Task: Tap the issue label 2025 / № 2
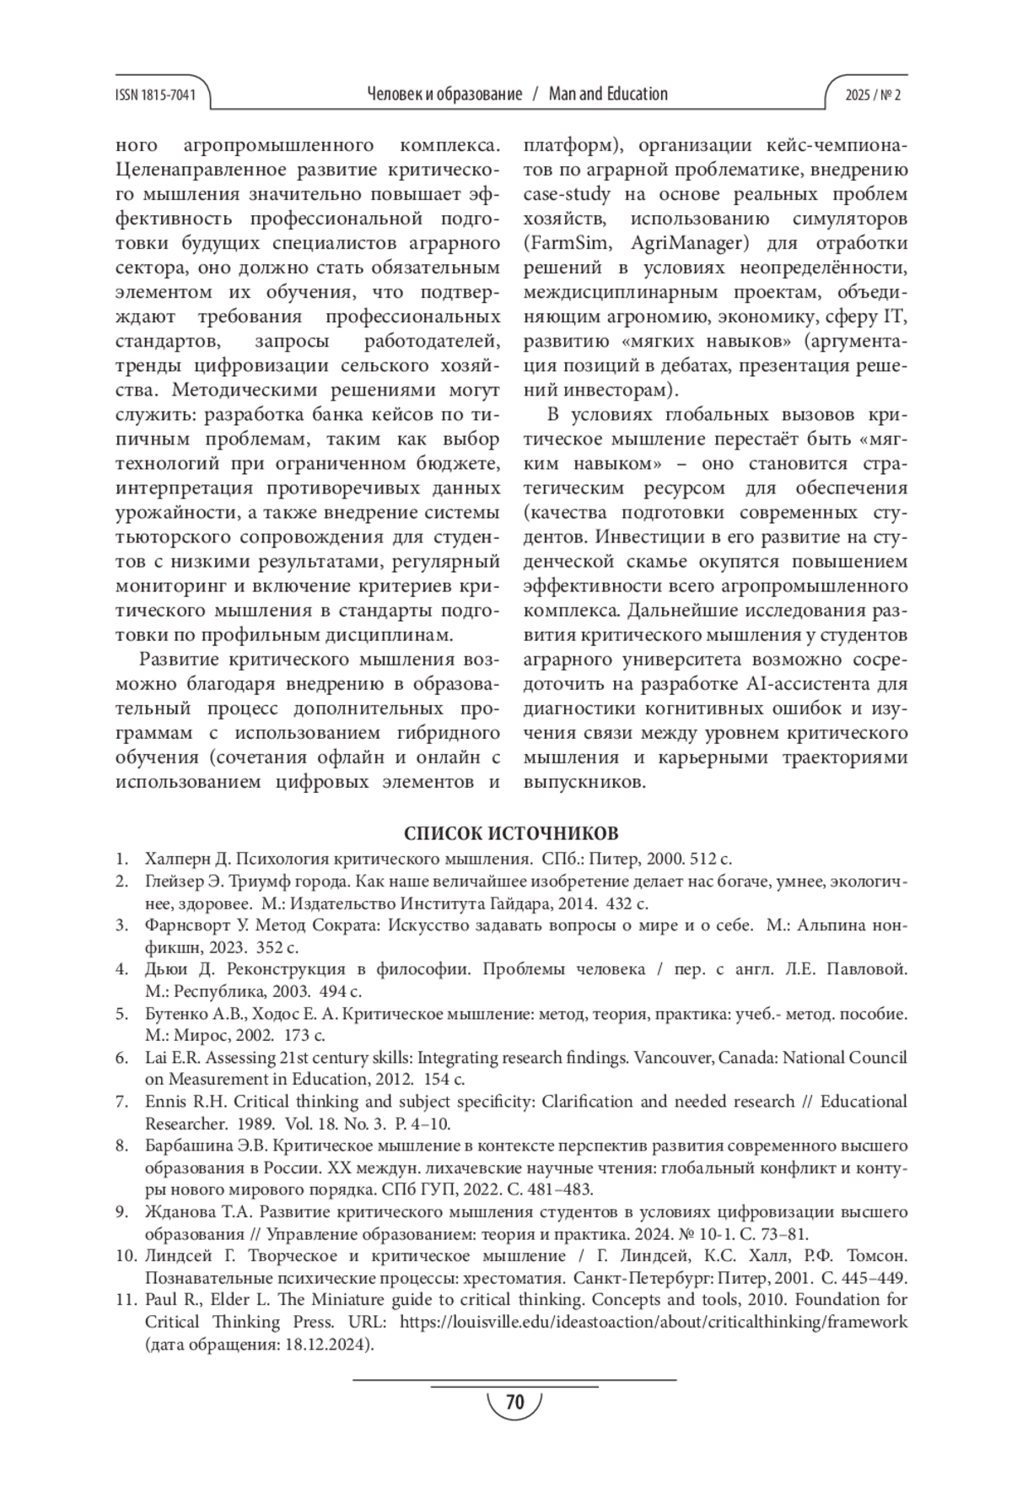point(873,95)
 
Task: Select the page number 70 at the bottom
point(514,1402)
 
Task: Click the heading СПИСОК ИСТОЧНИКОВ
point(511,833)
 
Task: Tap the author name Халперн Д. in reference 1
point(187,860)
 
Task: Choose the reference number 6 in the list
point(122,1057)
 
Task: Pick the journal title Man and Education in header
point(608,94)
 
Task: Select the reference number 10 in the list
point(126,1256)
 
